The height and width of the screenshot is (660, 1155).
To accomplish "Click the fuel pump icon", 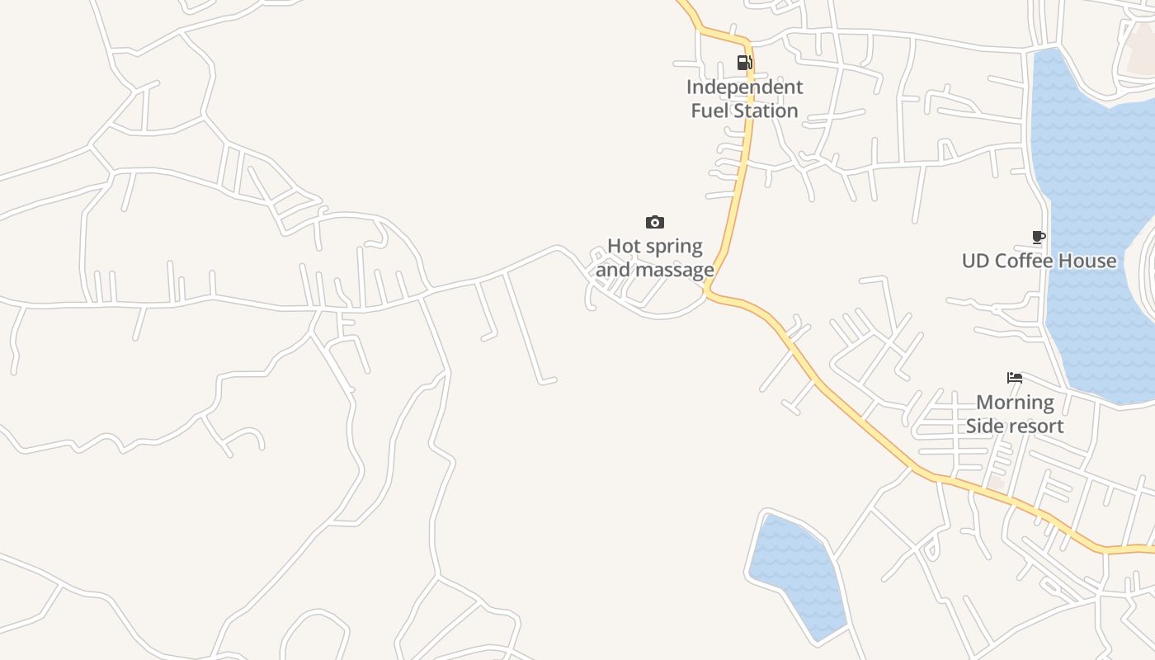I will pos(744,63).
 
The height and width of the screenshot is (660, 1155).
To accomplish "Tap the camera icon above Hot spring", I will pos(654,222).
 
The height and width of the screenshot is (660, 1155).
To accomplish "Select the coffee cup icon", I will pos(1039,238).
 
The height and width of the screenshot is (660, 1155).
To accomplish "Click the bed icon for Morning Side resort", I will pos(1015,378).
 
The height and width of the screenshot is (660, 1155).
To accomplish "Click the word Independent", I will pos(744,87).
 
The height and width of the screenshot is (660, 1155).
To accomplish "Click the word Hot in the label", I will pos(623,246).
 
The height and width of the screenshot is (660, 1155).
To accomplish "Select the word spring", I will pos(672,247).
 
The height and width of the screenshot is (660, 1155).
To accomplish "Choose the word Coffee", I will pos(1022,262).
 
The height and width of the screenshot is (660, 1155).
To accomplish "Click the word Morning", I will pos(1015,403).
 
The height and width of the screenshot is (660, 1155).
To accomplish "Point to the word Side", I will pos(983,426).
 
